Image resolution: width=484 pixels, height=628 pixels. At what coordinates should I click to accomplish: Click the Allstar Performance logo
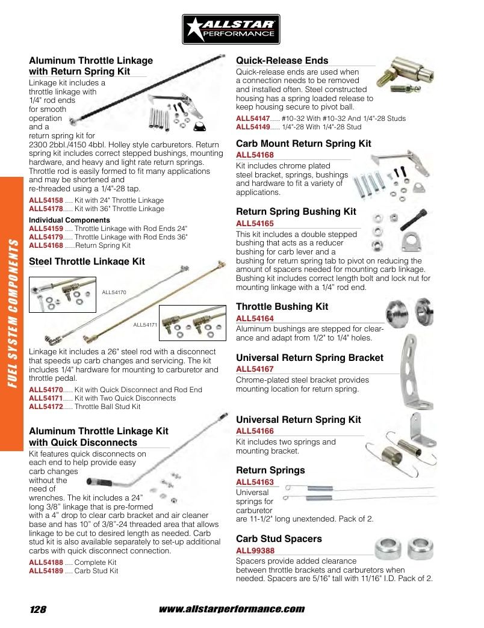tap(231, 29)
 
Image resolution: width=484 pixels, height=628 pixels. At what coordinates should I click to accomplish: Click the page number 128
tap(38, 609)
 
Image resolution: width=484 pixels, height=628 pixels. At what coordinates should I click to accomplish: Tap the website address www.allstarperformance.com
tap(232, 609)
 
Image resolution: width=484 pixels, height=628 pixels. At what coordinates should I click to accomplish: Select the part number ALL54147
tap(253, 119)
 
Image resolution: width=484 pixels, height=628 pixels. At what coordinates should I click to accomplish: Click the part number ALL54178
tap(46, 209)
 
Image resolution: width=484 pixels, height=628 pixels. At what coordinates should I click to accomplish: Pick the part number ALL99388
tap(255, 550)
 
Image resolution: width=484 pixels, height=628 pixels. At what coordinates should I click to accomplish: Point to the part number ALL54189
tap(46, 571)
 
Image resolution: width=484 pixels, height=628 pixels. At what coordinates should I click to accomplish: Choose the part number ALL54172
tap(46, 407)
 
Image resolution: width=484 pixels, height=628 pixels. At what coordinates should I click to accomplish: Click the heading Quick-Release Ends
tap(282, 61)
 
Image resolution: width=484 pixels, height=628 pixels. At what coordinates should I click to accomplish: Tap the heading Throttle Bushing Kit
tap(282, 306)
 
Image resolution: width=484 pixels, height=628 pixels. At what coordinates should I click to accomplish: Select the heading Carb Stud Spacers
tap(279, 539)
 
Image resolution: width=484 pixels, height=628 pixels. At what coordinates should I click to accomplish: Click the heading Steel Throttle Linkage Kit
tap(87, 262)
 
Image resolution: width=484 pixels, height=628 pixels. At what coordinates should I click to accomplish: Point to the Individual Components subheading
tap(69, 220)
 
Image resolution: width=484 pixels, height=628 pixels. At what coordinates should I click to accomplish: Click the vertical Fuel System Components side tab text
tap(13, 313)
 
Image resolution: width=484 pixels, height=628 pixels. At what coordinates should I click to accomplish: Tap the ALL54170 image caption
tap(114, 292)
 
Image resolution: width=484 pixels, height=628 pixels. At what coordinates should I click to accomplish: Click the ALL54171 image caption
tap(145, 325)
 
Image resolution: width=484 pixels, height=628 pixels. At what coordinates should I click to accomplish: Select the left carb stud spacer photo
tap(388, 549)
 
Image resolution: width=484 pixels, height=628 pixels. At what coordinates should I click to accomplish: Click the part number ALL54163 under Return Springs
tap(255, 482)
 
